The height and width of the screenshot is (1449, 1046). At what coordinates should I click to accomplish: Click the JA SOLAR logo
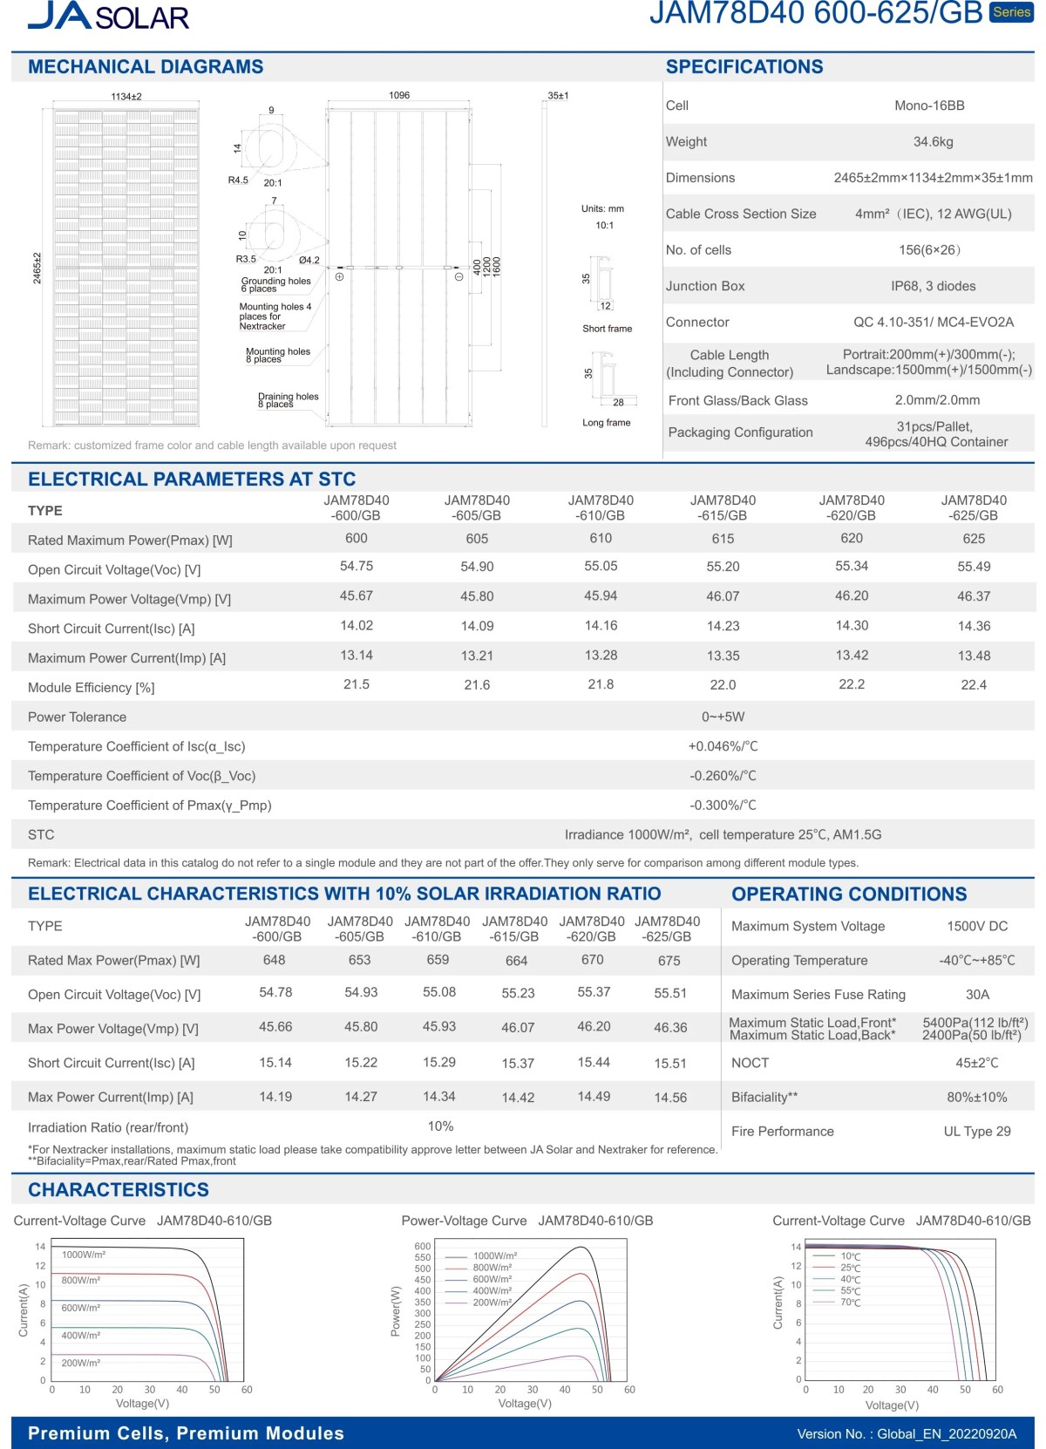(x=108, y=16)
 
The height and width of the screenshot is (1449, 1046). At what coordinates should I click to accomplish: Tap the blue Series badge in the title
(x=1011, y=12)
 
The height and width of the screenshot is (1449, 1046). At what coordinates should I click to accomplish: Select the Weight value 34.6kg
(x=933, y=141)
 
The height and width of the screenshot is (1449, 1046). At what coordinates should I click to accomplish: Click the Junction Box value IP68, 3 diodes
(x=933, y=286)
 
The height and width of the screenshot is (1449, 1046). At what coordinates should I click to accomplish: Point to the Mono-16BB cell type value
(x=929, y=105)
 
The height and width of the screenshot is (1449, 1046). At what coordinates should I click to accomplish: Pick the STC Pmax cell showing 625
(x=974, y=539)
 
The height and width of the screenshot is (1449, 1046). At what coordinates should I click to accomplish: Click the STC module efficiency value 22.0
(x=723, y=685)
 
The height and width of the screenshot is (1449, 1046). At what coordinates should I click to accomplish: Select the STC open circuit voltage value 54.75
(x=357, y=567)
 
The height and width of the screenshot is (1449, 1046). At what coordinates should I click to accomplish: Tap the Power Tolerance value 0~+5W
(x=723, y=717)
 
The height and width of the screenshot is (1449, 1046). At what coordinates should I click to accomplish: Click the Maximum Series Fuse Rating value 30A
(x=977, y=994)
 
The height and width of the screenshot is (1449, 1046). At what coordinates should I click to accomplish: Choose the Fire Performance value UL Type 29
(x=977, y=1131)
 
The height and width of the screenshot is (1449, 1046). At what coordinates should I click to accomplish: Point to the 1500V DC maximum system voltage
(x=977, y=926)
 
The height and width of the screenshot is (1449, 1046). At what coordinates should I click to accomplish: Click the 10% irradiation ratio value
(x=440, y=1126)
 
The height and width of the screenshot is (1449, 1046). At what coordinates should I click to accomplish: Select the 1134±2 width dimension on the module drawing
(x=126, y=97)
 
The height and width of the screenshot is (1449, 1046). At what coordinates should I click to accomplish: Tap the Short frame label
(x=608, y=329)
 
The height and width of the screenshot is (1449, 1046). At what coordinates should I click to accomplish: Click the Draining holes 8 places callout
(x=288, y=400)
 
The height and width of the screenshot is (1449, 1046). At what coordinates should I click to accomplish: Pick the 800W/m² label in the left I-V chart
(x=81, y=1280)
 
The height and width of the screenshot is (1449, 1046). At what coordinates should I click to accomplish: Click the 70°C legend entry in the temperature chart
(x=850, y=1303)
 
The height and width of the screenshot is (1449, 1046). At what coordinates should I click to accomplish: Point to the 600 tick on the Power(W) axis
(x=423, y=1247)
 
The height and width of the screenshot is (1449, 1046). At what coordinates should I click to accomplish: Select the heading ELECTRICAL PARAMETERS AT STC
(x=192, y=479)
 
